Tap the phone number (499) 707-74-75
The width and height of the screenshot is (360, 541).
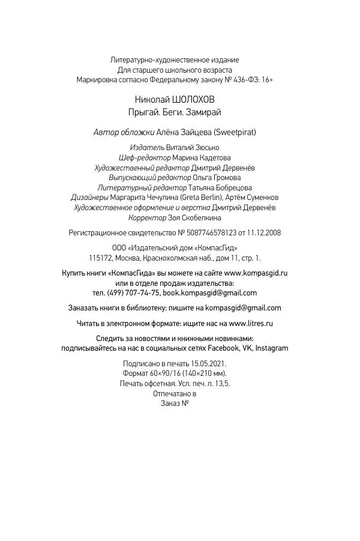pyautogui.click(x=134, y=293)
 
